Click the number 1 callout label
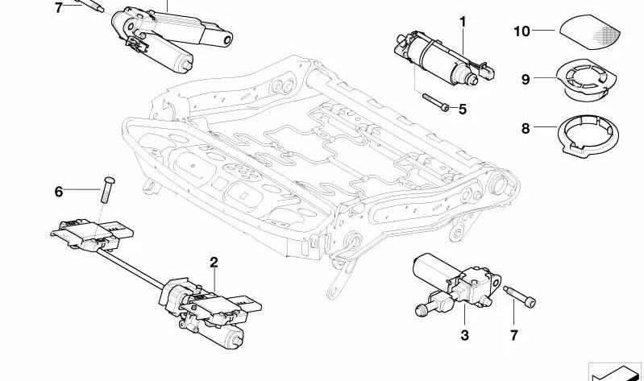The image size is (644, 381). pyautogui.click(x=463, y=21)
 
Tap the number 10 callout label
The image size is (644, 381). pyautogui.click(x=521, y=31)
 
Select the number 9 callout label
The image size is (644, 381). pyautogui.click(x=525, y=79)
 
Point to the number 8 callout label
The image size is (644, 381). pyautogui.click(x=525, y=127)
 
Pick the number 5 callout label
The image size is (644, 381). pyautogui.click(x=462, y=110)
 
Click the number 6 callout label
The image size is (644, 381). pyautogui.click(x=58, y=192)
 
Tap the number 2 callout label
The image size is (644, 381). pyautogui.click(x=214, y=262)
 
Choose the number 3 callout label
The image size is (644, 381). pyautogui.click(x=464, y=334)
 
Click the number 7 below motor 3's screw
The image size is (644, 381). pyautogui.click(x=514, y=334)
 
